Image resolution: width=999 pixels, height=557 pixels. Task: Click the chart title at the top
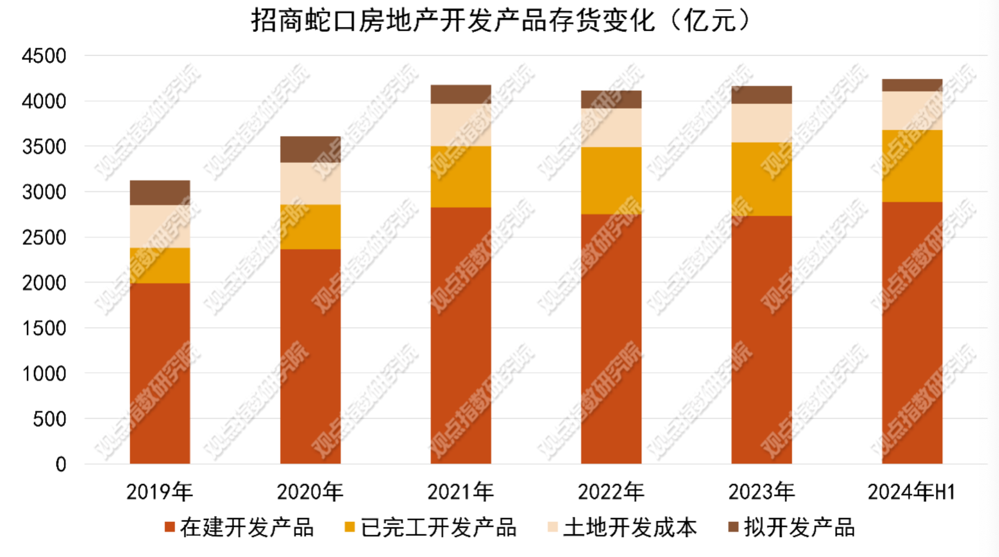click(x=500, y=21)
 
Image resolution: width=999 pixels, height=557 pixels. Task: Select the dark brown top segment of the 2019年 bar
click(x=160, y=193)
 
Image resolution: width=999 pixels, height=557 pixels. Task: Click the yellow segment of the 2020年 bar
click(x=310, y=227)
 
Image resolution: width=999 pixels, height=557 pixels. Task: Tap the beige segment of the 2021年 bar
click(x=461, y=124)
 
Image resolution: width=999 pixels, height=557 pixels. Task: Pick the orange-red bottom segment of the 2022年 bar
click(x=611, y=339)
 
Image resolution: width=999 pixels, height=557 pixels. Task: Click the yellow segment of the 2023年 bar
click(x=761, y=179)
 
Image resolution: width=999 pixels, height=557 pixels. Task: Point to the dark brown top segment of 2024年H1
click(x=912, y=85)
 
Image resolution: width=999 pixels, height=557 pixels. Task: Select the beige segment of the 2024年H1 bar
click(x=912, y=110)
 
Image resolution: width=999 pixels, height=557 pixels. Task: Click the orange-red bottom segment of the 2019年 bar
click(x=160, y=373)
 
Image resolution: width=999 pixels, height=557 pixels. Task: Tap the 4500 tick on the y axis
click(x=44, y=56)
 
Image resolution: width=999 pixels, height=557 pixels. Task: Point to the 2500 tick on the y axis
click(x=44, y=237)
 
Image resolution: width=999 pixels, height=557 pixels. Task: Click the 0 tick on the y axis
click(x=61, y=464)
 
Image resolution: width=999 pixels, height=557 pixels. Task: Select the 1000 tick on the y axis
click(x=44, y=373)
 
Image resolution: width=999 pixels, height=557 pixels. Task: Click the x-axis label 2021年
click(x=461, y=492)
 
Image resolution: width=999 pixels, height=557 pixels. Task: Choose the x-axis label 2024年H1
click(x=912, y=492)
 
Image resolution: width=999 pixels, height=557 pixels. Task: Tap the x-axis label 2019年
click(x=160, y=492)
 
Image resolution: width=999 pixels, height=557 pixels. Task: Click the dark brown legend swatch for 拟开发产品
click(x=733, y=527)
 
